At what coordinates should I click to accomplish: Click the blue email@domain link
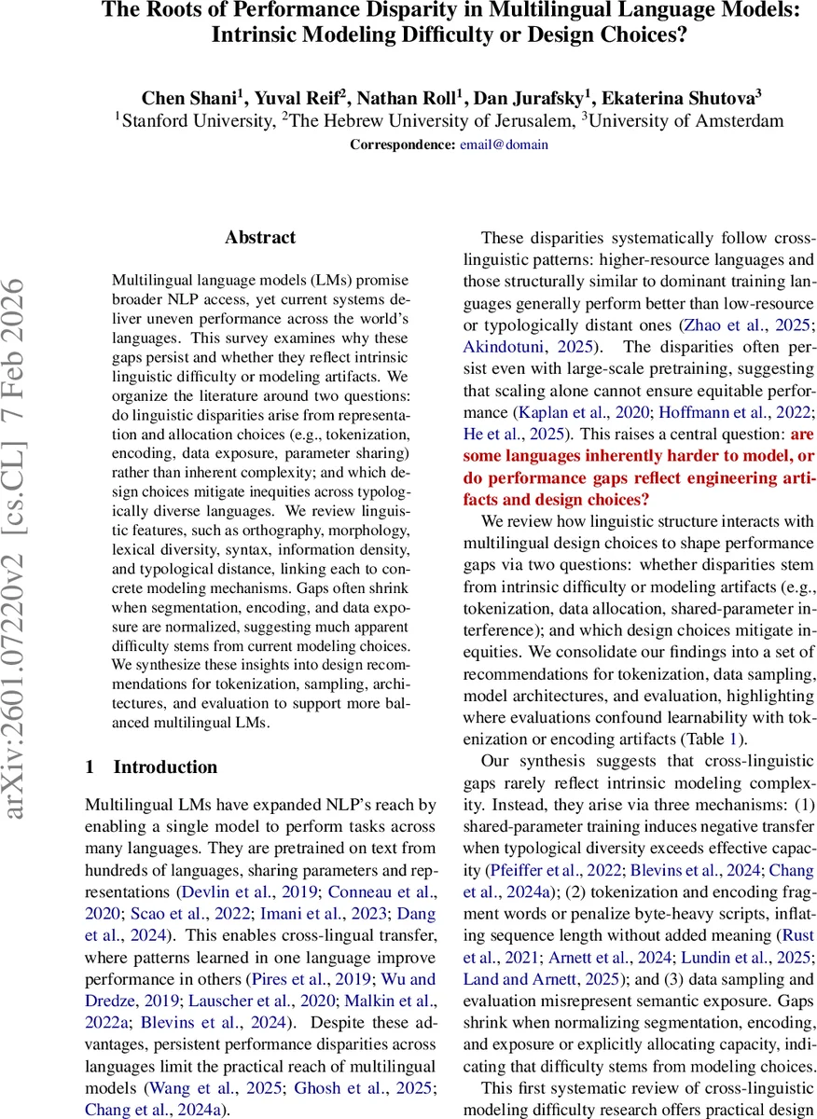(x=504, y=145)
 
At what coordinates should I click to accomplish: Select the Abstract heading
(x=260, y=238)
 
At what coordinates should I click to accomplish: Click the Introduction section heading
(x=165, y=767)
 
